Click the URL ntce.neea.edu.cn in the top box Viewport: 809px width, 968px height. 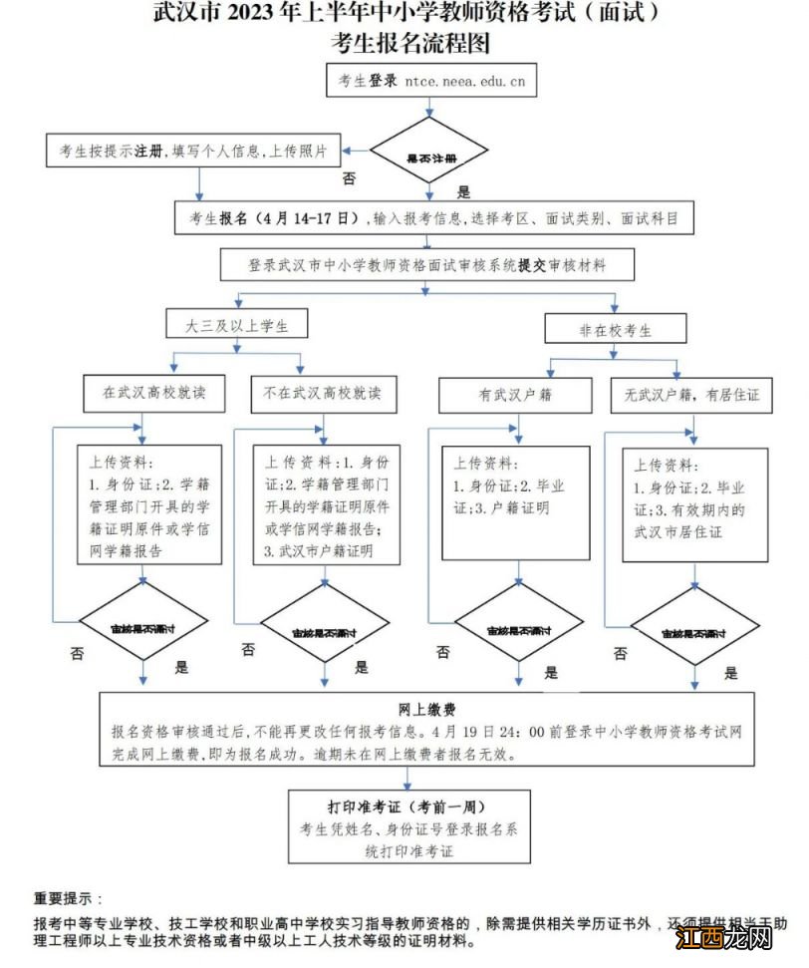click(465, 82)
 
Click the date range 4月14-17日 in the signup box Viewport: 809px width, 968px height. click(306, 217)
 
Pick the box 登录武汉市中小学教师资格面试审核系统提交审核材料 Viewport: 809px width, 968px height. click(427, 265)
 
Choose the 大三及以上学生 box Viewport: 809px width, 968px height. click(235, 326)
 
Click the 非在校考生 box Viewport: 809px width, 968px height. click(616, 330)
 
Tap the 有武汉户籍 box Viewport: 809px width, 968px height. click(515, 395)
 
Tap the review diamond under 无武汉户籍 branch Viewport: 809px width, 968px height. click(693, 633)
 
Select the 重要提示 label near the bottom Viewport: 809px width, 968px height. click(68, 898)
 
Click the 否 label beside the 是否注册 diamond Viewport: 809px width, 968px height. click(349, 178)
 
